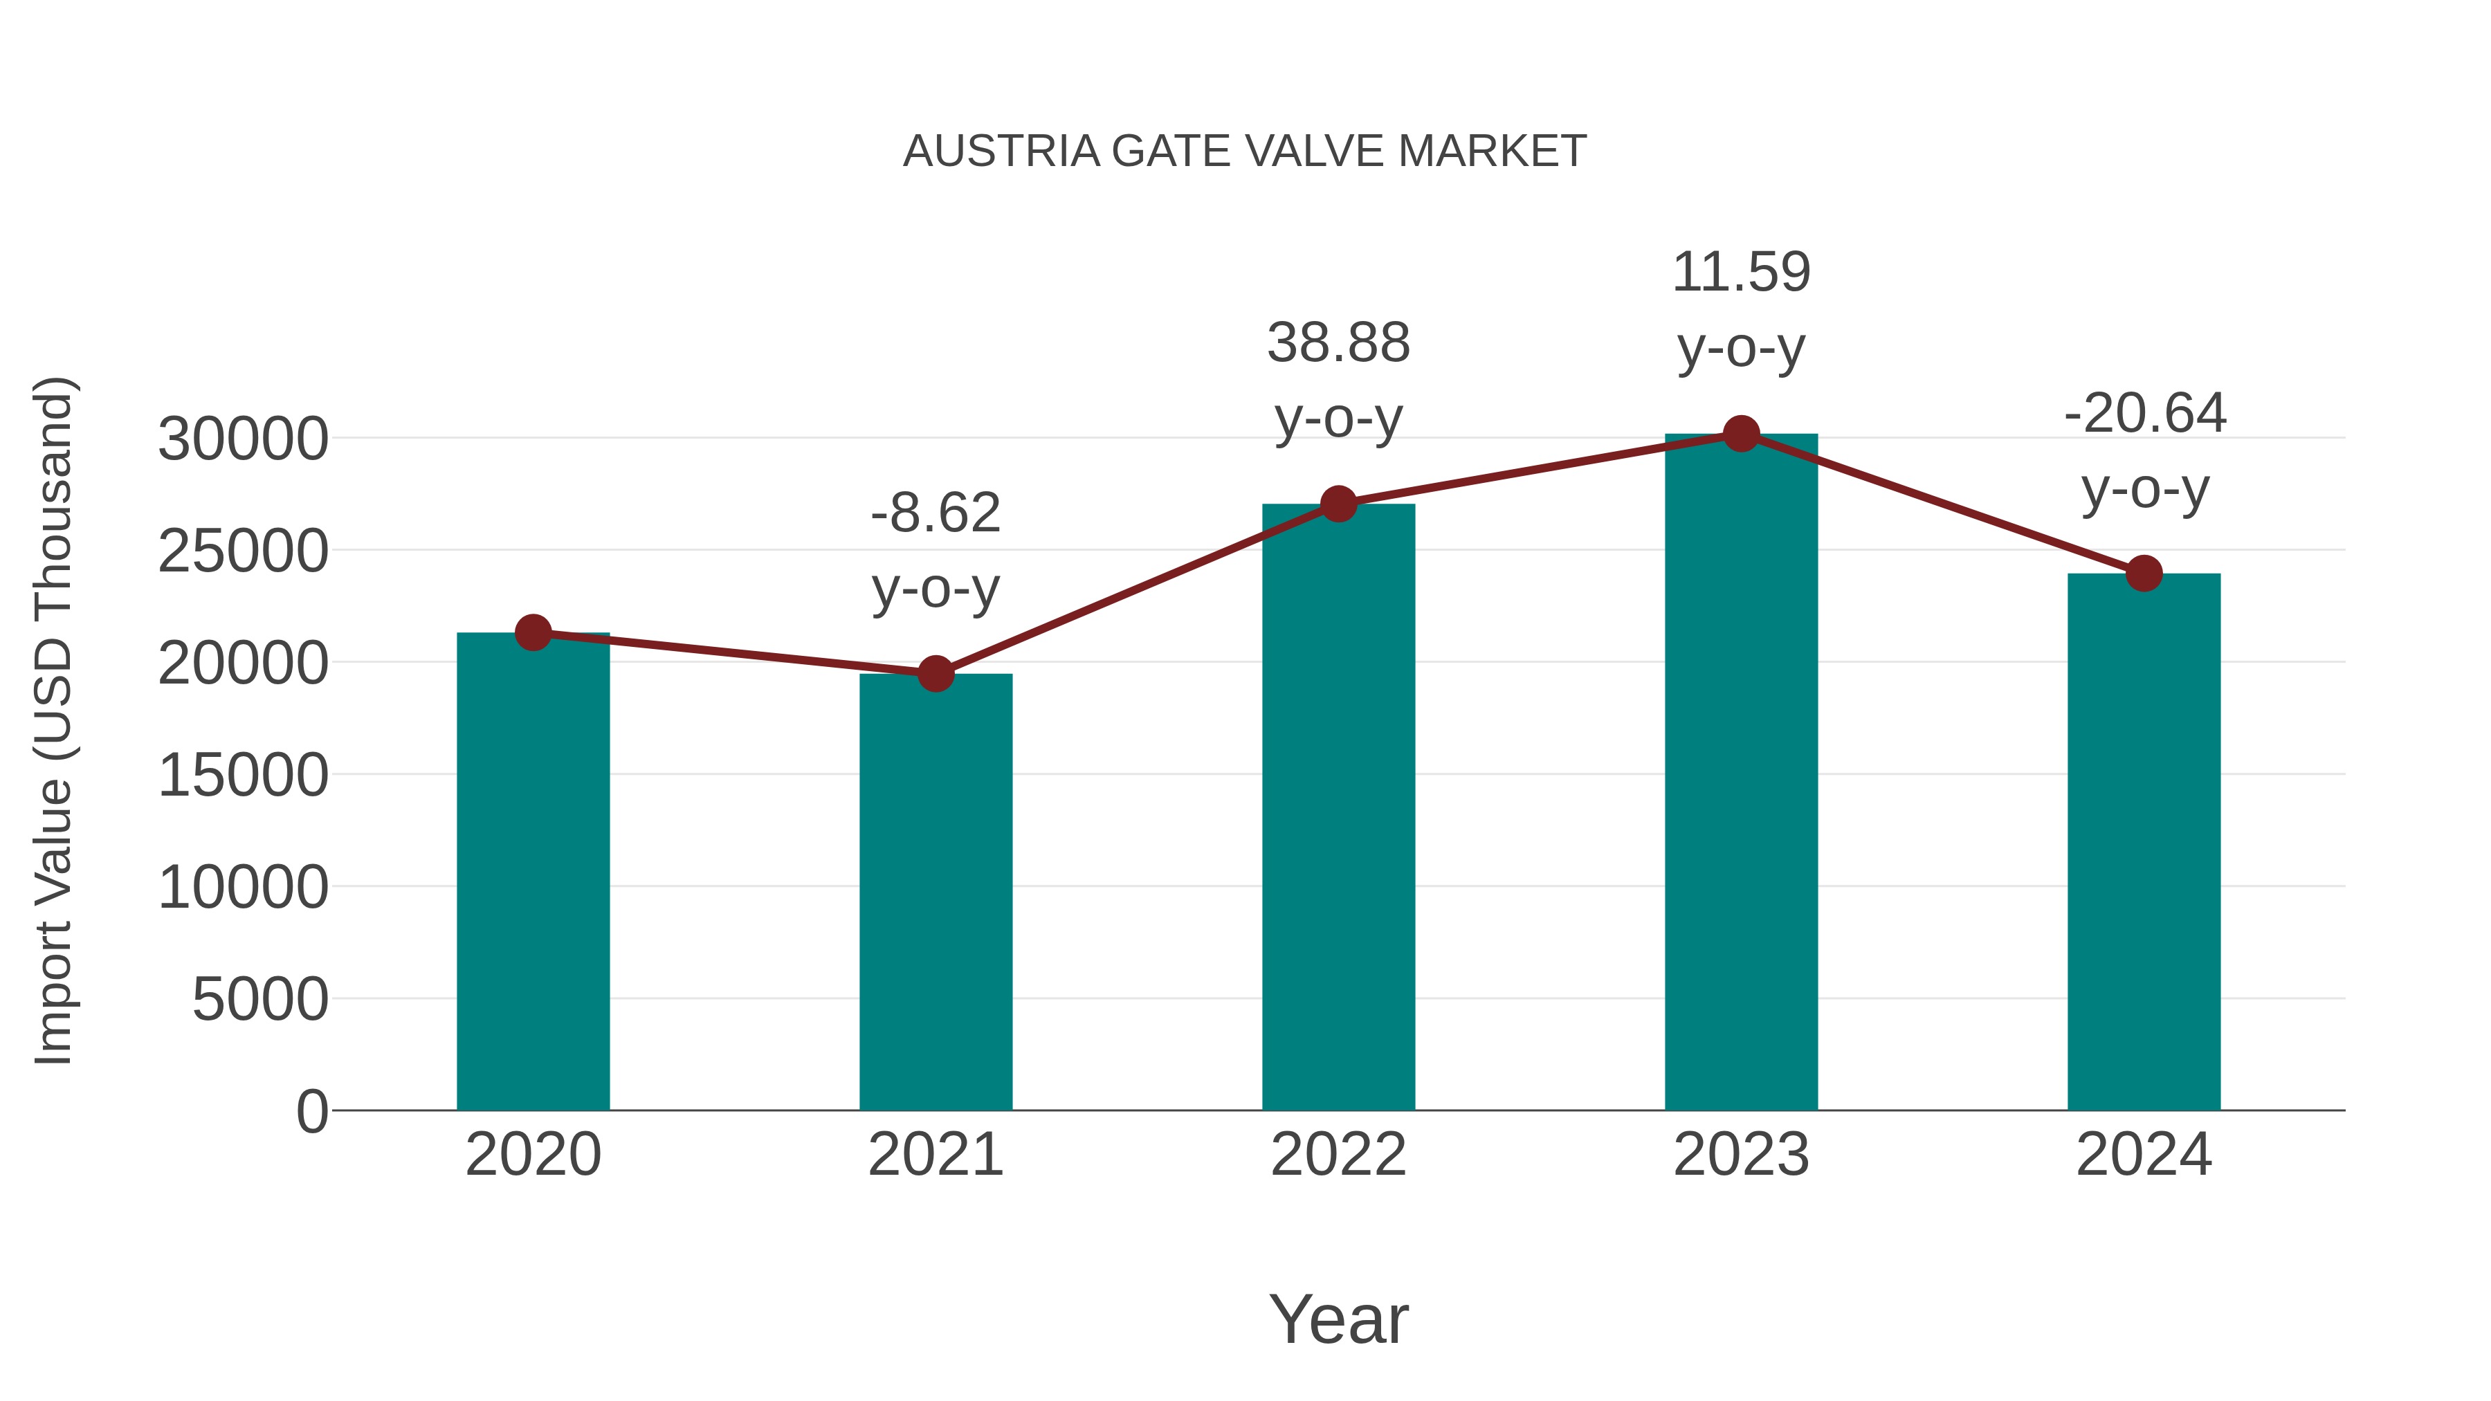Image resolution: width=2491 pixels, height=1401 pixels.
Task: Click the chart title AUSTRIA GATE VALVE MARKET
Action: point(1245,152)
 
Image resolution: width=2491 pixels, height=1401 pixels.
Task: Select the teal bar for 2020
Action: point(533,870)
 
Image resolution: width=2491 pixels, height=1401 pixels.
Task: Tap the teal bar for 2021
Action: point(935,890)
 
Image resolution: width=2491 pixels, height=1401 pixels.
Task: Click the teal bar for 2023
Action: point(1741,773)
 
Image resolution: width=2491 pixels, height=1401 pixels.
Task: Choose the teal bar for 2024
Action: point(2144,841)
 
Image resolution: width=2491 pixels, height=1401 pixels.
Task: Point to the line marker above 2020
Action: point(533,633)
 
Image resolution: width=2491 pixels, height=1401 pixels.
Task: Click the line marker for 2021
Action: point(935,674)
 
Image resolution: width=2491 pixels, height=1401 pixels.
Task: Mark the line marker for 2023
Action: point(1741,434)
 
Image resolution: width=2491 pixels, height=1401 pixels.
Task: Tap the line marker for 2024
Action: point(2144,574)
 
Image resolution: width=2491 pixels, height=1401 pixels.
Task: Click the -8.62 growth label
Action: point(935,513)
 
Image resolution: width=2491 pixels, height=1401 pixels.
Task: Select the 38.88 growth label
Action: point(1338,343)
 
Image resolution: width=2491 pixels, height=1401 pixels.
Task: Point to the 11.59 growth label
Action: point(1741,273)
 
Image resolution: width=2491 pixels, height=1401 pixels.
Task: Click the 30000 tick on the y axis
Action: point(243,440)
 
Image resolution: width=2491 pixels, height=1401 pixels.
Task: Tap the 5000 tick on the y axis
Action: point(260,1000)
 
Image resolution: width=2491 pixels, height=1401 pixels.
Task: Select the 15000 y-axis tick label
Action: point(243,776)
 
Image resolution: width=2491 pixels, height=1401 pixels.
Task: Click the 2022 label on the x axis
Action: point(1338,1155)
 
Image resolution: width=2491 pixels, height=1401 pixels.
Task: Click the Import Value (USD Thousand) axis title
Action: point(54,720)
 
